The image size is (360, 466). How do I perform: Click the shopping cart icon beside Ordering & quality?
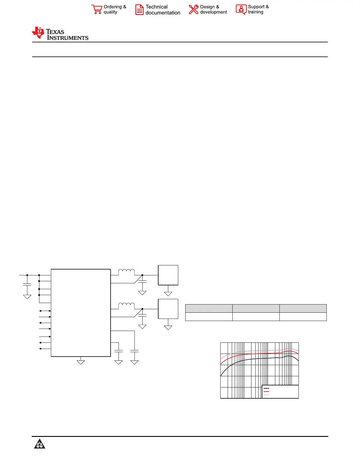97,9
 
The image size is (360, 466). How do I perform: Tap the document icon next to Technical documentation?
139,10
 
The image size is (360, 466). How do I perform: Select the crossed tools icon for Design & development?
194,9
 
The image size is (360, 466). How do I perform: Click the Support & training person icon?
241,9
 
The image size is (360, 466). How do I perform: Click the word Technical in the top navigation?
156,7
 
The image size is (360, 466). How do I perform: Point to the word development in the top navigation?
213,12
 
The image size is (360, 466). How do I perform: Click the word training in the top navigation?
256,12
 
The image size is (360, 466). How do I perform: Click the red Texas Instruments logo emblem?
38,33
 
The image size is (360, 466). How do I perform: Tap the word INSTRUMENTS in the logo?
68,38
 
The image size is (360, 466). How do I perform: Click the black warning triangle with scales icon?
39,444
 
